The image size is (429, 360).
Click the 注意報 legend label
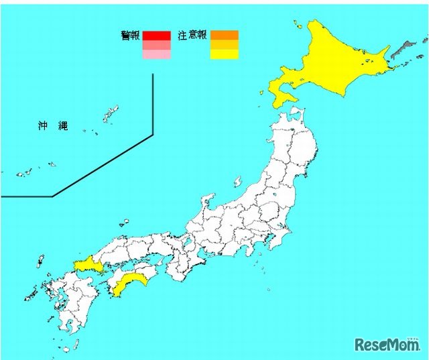tap(192, 36)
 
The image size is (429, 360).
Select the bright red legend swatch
tap(156, 36)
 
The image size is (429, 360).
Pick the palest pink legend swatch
tap(156, 55)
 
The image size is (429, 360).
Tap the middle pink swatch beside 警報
tap(156, 46)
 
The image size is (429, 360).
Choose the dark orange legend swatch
tap(224, 36)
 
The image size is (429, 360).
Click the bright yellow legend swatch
tap(224, 55)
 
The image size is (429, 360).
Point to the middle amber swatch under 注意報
tap(224, 46)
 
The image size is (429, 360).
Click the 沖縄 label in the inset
tap(53, 126)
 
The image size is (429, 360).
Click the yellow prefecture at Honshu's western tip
tap(86, 264)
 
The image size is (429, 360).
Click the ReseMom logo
tap(386, 343)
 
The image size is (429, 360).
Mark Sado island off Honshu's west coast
tap(237, 181)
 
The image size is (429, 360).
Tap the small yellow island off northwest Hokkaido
tap(296, 25)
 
